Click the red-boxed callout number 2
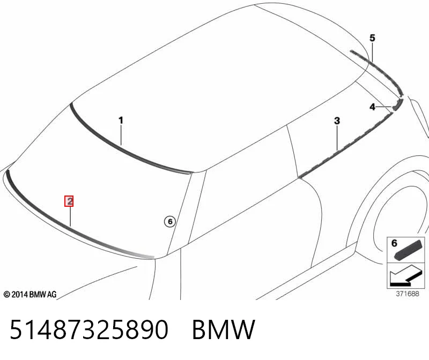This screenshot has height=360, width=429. (x=69, y=201)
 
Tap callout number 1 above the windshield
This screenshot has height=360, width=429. (x=121, y=121)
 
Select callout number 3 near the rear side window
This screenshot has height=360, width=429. (x=337, y=121)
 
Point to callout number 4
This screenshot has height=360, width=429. (x=372, y=107)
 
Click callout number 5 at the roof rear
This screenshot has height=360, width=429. (x=372, y=37)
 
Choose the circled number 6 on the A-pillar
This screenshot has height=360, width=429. (x=170, y=221)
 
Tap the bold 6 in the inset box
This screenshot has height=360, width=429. (x=394, y=243)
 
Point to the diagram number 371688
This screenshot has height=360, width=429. (x=408, y=294)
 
